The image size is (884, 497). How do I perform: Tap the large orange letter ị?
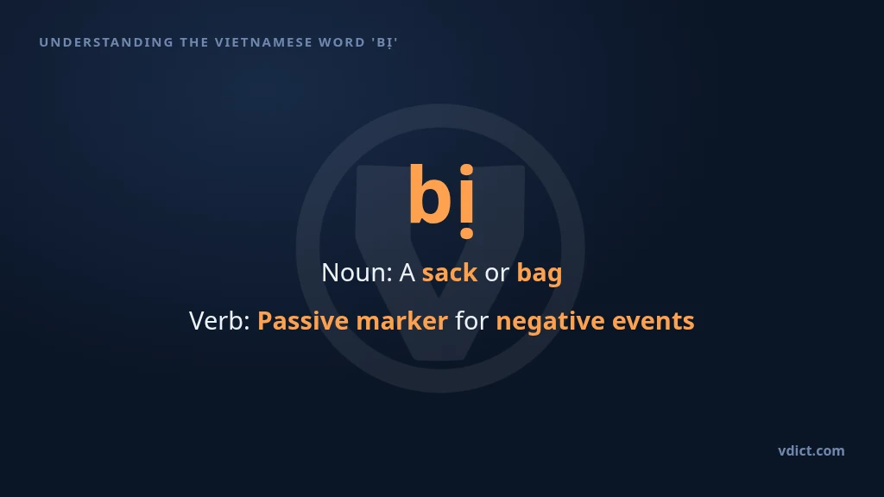pyautogui.click(x=467, y=201)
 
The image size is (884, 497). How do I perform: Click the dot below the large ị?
pyautogui.click(x=467, y=233)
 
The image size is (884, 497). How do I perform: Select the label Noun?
pyautogui.click(x=357, y=273)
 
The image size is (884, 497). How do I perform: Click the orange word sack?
pyautogui.click(x=449, y=273)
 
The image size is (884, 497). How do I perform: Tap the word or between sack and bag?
pyautogui.click(x=496, y=274)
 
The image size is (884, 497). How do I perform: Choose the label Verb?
pyautogui.click(x=219, y=321)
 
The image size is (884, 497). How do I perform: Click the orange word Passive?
pyautogui.click(x=303, y=321)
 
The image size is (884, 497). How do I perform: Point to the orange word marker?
pyautogui.click(x=402, y=321)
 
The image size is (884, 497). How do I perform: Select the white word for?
pyautogui.click(x=472, y=321)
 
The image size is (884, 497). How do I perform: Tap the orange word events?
pyautogui.click(x=653, y=321)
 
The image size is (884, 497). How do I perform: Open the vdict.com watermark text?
pyautogui.click(x=811, y=450)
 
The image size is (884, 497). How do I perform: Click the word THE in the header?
pyautogui.click(x=194, y=42)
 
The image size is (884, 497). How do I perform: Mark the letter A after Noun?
pyautogui.click(x=407, y=274)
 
